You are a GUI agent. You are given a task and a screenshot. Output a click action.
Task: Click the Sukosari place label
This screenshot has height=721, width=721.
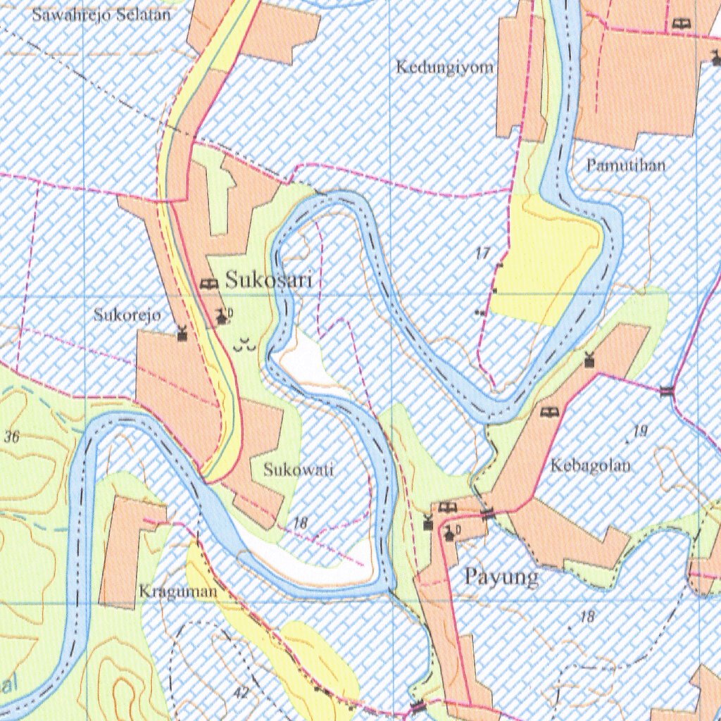268,280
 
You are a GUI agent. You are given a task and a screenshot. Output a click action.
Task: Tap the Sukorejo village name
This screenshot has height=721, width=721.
127,315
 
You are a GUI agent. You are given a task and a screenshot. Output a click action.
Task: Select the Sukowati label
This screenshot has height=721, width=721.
298,470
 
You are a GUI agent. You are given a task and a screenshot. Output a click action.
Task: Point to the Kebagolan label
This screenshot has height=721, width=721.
591,465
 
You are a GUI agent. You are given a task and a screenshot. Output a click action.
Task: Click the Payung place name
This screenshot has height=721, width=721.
501,577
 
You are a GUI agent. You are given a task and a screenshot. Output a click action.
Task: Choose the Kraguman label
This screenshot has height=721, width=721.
177,591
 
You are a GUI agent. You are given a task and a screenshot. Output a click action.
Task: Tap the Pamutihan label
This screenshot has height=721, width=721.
626,166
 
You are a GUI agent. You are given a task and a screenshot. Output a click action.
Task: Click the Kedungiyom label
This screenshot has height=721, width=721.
444,68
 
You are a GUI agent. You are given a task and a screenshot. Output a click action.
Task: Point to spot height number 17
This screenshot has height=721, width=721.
482,254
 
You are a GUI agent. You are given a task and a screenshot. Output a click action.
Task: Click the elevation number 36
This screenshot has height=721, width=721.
11,437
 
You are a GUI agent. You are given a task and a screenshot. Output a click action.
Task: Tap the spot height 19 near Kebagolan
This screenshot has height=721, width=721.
639,432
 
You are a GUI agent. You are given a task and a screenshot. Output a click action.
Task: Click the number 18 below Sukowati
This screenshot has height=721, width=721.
301,522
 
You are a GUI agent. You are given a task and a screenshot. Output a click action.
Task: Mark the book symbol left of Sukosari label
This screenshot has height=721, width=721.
208,283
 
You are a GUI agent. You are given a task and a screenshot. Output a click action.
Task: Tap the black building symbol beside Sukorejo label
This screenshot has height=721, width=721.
182,333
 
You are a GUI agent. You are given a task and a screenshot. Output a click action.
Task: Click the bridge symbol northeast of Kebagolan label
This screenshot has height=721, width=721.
666,390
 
